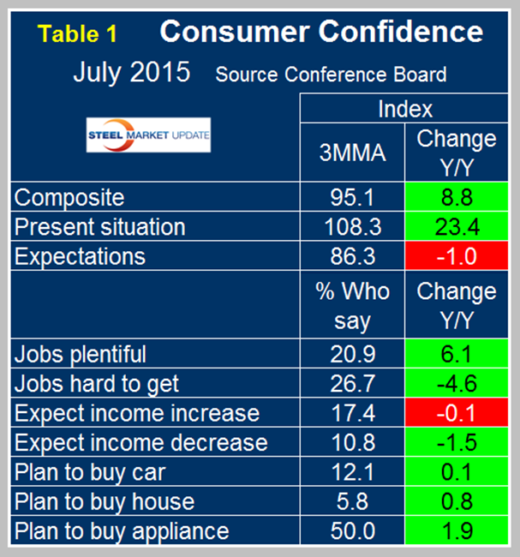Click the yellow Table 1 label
click(78, 34)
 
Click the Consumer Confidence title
click(321, 33)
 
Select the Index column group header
click(404, 109)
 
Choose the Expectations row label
click(81, 256)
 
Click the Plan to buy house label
click(105, 501)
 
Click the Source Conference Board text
click(331, 75)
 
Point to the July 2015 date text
click(131, 72)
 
